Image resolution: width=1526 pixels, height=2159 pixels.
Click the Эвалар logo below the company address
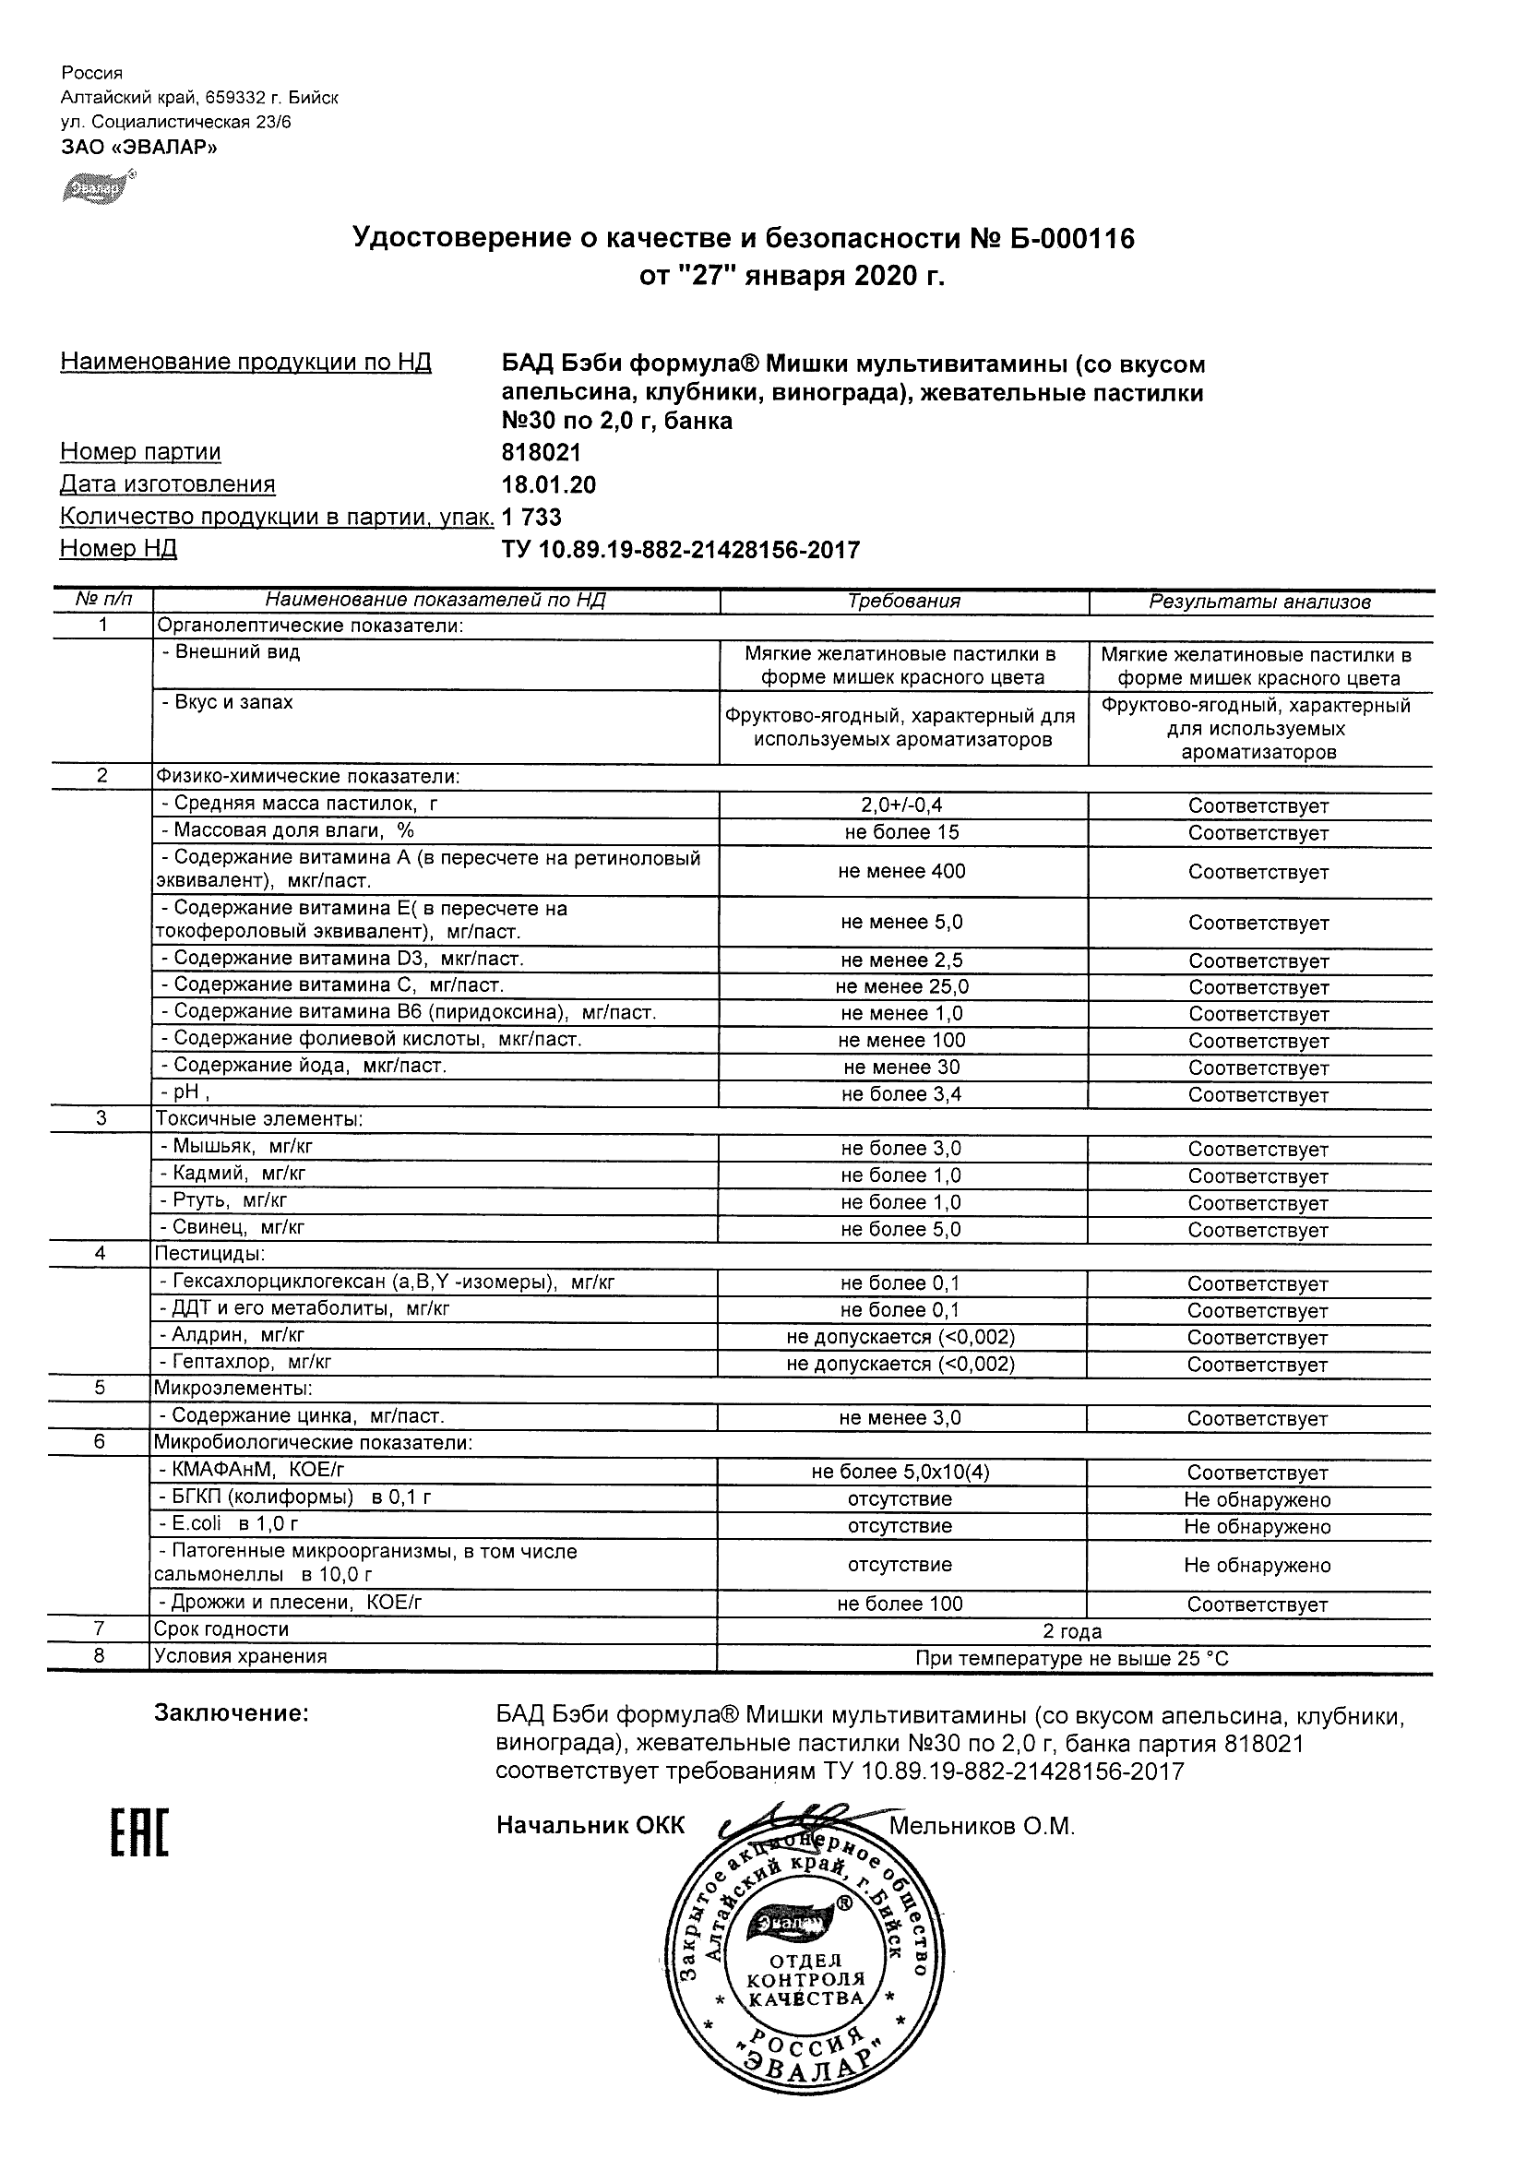point(97,187)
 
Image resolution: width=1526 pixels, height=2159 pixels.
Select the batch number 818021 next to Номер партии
point(542,452)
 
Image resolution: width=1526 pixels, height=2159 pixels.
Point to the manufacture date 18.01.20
point(549,484)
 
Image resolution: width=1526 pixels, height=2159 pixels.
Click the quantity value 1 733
point(532,517)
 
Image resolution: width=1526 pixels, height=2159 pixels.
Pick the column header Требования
point(903,602)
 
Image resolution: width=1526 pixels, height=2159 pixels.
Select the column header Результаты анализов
point(1260,602)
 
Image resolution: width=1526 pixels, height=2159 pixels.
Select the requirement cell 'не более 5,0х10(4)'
point(900,1473)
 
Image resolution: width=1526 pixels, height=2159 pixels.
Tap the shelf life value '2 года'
point(1072,1631)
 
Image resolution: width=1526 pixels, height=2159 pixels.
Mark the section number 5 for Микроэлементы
point(101,1388)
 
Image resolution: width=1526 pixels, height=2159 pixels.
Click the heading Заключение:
point(232,1713)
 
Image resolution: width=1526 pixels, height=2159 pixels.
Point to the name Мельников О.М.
point(982,1826)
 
